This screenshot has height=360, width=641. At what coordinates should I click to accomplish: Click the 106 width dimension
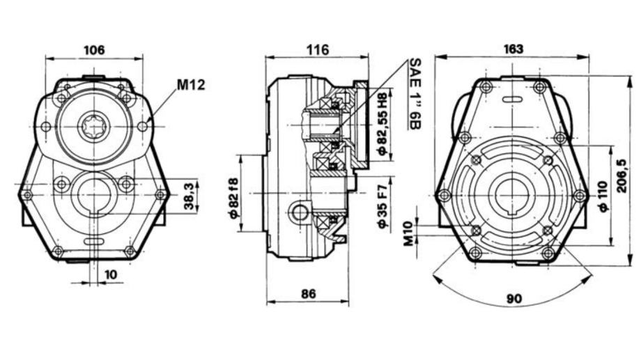[94, 50]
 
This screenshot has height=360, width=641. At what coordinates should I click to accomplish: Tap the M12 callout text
[191, 85]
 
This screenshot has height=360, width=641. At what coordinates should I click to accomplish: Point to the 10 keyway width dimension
[110, 274]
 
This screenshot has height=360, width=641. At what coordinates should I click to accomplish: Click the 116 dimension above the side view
[318, 50]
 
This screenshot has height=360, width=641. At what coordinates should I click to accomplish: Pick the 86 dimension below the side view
[308, 294]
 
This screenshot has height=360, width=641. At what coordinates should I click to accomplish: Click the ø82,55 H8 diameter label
[383, 124]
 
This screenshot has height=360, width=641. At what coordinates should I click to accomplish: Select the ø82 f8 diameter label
[233, 198]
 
